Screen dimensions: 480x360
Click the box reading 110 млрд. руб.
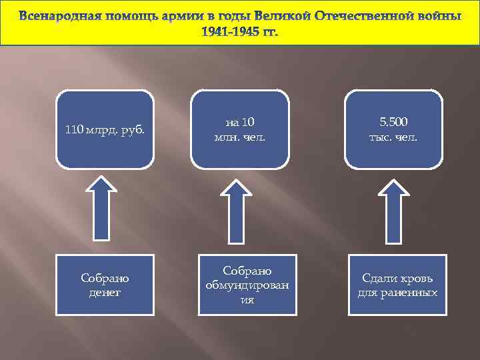click(105, 129)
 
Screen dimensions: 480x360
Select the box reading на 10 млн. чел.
click(240, 129)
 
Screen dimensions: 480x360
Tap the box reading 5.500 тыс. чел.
click(393, 129)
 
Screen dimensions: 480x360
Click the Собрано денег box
click(105, 285)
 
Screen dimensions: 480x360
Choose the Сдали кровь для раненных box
click(397, 285)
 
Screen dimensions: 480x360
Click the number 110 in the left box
click(75, 129)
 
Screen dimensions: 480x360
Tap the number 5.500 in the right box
click(393, 122)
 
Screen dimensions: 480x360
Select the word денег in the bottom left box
click(105, 292)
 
